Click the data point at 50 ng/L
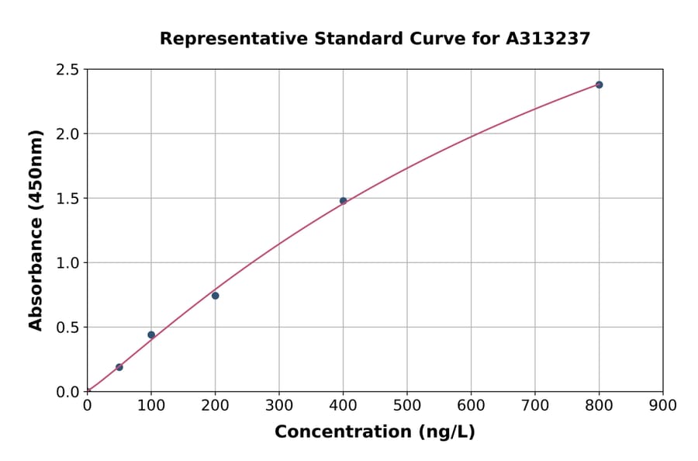pyautogui.click(x=119, y=367)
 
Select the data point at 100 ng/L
pyautogui.click(x=151, y=335)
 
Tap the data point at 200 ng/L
pyautogui.click(x=215, y=296)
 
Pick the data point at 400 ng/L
pyautogui.click(x=343, y=201)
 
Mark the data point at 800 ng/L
pyautogui.click(x=599, y=85)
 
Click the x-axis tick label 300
pyautogui.click(x=279, y=405)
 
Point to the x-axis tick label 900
pyautogui.click(x=663, y=405)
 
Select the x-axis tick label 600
pyautogui.click(x=471, y=405)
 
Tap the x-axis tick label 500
pyautogui.click(x=407, y=405)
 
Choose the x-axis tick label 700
pyautogui.click(x=535, y=405)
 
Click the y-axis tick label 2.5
pyautogui.click(x=67, y=70)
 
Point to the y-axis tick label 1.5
pyautogui.click(x=67, y=199)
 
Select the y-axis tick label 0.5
pyautogui.click(x=67, y=328)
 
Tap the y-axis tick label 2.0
pyautogui.click(x=67, y=134)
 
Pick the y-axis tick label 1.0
pyautogui.click(x=67, y=263)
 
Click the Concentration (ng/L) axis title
pyautogui.click(x=375, y=432)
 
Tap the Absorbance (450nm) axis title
pyautogui.click(x=36, y=230)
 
